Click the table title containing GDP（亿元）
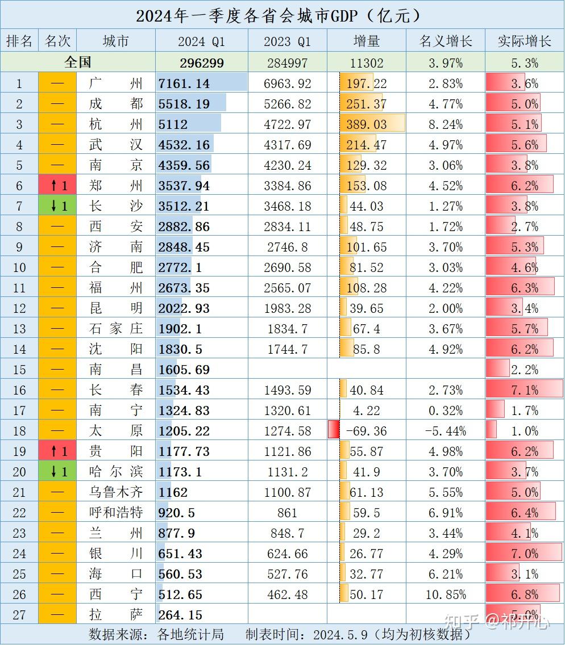pos(282,15)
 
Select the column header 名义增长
pos(446,41)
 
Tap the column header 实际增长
pos(524,41)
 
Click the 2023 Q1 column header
pos(287,41)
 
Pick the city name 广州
pos(116,83)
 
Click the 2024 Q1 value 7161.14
pos(184,83)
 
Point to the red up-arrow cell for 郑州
pos(57,186)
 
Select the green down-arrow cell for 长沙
pos(57,206)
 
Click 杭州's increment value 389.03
pos(367,124)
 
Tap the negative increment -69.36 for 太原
pos(367,431)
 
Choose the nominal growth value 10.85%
pos(446,594)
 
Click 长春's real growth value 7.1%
pos(524,390)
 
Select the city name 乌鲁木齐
pos(116,492)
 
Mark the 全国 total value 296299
pos(201,62)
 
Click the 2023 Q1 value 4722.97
pos(287,124)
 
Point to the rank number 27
pos(19,615)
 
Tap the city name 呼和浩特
pos(116,513)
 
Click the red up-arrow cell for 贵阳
pos(57,451)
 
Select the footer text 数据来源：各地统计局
pos(156,634)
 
